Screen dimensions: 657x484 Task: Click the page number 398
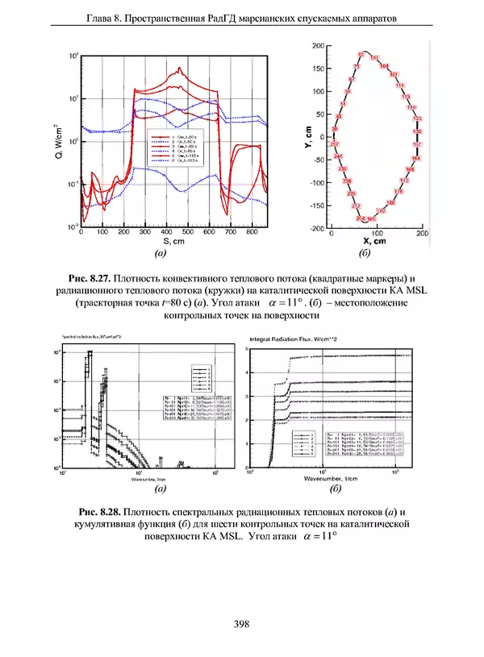tap(240, 622)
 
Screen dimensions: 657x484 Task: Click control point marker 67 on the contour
tap(352, 80)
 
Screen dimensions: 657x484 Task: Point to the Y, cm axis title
tap(308, 138)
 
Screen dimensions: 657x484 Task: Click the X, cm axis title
tap(376, 240)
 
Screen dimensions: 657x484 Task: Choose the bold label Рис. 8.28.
tap(102, 513)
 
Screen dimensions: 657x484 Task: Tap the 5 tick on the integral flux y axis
tap(244, 348)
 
